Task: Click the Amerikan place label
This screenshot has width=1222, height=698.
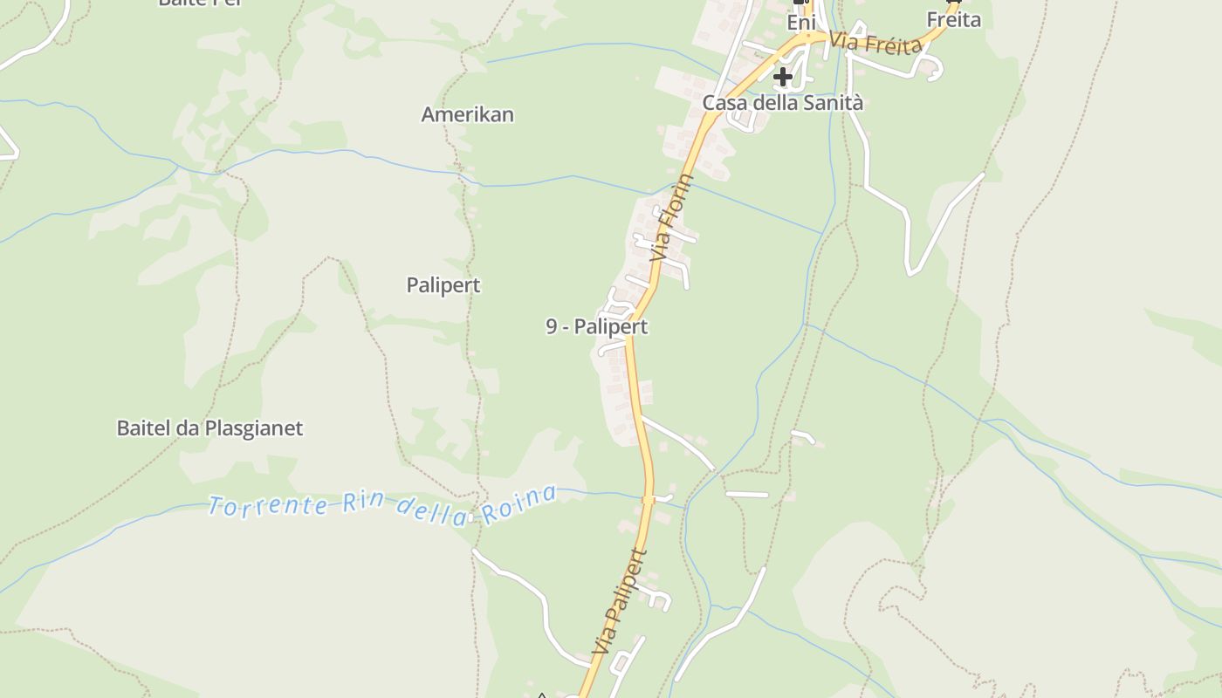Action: (467, 114)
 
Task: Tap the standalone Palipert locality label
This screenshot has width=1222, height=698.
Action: (443, 285)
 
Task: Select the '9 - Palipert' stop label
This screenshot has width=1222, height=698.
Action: (597, 327)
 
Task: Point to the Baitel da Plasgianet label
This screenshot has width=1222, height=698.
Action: (209, 428)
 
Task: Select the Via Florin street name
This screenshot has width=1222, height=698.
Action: (672, 218)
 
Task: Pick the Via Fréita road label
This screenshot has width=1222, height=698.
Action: (875, 43)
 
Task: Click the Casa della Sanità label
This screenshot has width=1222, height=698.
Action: (783, 103)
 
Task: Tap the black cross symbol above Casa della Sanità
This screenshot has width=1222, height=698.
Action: (783, 77)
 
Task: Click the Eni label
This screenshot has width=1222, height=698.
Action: (800, 23)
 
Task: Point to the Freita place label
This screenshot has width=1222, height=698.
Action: (953, 19)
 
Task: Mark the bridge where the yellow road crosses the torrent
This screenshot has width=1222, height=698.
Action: (649, 499)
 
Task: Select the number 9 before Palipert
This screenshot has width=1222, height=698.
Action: (552, 327)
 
